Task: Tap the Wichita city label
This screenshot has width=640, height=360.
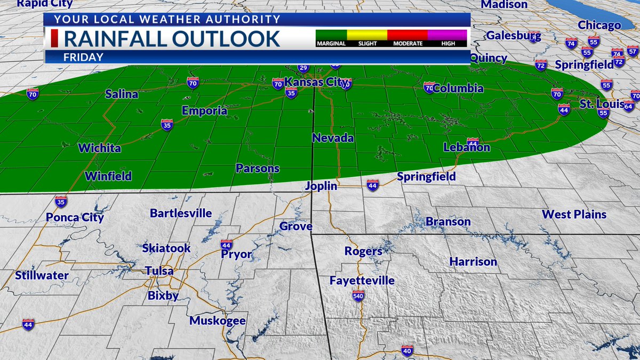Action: [99, 148]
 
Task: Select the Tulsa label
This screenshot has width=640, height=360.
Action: [159, 271]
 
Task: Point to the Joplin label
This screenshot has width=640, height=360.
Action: [321, 186]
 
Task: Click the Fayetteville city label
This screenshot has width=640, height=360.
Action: [362, 280]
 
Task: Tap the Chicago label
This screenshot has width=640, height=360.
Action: [599, 25]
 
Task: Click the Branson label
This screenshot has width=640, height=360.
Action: [448, 221]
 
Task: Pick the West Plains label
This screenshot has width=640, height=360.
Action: [574, 214]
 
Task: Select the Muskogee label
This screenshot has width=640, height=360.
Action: [218, 321]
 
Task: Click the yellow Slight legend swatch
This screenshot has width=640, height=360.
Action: [367, 35]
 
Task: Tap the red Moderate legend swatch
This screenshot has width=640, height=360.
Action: [407, 35]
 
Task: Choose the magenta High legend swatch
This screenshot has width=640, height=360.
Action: [447, 35]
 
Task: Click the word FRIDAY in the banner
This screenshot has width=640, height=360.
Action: [83, 57]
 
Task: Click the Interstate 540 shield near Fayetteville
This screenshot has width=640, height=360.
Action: [358, 295]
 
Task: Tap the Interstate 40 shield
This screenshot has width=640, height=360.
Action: [407, 350]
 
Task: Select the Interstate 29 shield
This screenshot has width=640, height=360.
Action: [303, 68]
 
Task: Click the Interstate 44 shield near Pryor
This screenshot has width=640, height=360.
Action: [227, 244]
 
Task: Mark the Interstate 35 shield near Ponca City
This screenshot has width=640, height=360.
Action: [61, 201]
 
